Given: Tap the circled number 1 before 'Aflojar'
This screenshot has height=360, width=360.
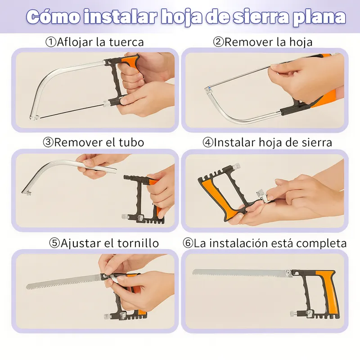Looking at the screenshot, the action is pyautogui.click(x=51, y=42).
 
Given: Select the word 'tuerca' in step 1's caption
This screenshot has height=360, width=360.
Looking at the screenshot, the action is pyautogui.click(x=126, y=42).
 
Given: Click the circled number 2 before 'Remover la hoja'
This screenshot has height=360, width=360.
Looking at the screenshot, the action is pyautogui.click(x=218, y=42).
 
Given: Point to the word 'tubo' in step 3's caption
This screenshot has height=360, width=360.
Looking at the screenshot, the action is pyautogui.click(x=131, y=142).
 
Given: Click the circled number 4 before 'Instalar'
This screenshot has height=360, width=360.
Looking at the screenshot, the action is pyautogui.click(x=208, y=142).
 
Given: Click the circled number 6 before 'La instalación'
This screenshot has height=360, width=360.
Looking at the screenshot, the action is pyautogui.click(x=188, y=243).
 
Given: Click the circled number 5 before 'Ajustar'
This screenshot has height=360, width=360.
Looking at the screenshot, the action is pyautogui.click(x=54, y=243).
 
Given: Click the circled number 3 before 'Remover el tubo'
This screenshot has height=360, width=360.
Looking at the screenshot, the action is pyautogui.click(x=48, y=142).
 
